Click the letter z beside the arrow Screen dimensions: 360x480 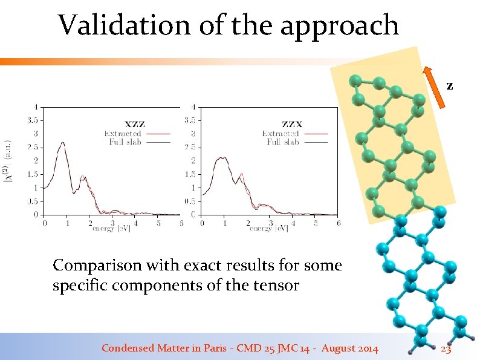tap(449, 86)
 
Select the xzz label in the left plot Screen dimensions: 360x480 tap(135, 125)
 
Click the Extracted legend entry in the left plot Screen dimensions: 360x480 tap(123, 134)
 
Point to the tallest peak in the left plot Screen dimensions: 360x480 tap(62, 143)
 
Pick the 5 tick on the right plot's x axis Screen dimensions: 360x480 tap(315, 223)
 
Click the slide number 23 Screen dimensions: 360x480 tap(446, 349)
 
